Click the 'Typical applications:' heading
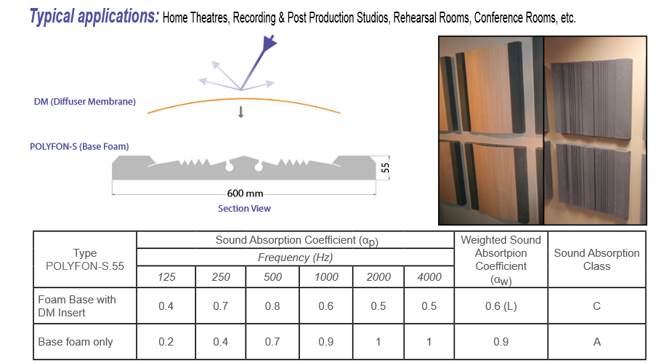click(x=94, y=17)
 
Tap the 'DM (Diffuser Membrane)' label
click(x=85, y=102)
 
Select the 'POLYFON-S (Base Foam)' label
click(x=79, y=146)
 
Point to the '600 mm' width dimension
click(x=245, y=194)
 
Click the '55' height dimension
click(x=385, y=168)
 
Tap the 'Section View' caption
click(x=245, y=208)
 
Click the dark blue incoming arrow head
click(x=269, y=43)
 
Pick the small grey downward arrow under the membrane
click(x=241, y=112)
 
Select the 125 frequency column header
click(x=166, y=277)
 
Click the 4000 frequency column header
click(x=429, y=277)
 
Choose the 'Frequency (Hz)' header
click(x=295, y=258)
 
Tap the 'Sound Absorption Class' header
click(x=596, y=260)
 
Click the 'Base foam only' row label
click(x=76, y=342)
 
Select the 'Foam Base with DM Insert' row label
click(x=77, y=306)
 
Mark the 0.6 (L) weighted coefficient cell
click(x=501, y=306)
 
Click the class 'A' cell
click(x=597, y=342)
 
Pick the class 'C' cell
click(x=596, y=306)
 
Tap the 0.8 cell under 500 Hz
click(x=272, y=306)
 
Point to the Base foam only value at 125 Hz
click(x=166, y=342)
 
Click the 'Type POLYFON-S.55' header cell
click(x=85, y=260)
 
